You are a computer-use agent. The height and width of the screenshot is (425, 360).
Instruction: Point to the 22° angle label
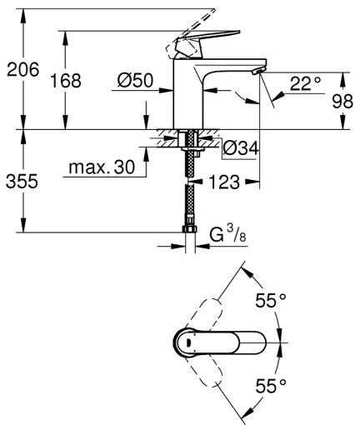(x=306, y=82)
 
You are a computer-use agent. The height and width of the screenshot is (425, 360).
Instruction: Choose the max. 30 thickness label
(x=102, y=167)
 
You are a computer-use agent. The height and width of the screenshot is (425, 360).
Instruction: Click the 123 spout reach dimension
(x=227, y=180)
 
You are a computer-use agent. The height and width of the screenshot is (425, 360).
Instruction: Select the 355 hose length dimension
(x=22, y=181)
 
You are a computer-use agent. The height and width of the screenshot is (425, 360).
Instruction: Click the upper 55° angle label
(x=271, y=301)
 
